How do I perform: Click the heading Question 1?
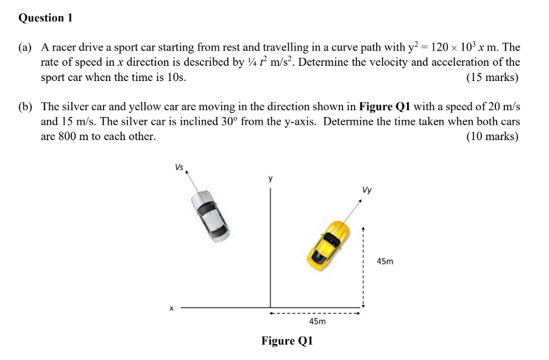(46, 18)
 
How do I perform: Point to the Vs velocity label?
(179, 166)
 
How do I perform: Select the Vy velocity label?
(366, 189)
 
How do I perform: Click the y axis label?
(271, 178)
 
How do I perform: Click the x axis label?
(171, 308)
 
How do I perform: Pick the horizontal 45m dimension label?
(317, 321)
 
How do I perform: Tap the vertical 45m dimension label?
(385, 261)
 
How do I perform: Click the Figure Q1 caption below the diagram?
(287, 341)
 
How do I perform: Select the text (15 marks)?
(492, 77)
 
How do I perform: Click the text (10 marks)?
(492, 136)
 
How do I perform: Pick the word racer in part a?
(63, 47)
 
